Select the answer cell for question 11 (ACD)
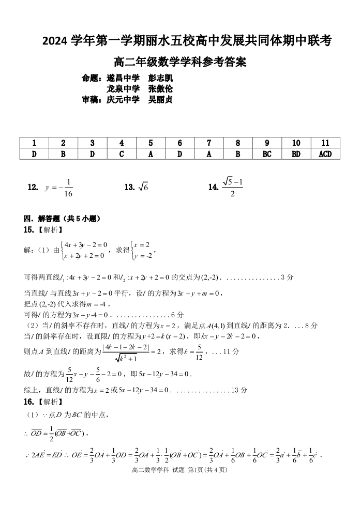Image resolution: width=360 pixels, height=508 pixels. tap(325, 154)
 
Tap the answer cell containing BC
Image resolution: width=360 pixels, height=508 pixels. tap(267, 154)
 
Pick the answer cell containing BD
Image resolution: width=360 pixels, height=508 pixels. tap(296, 154)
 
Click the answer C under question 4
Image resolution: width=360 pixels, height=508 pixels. tap(122, 154)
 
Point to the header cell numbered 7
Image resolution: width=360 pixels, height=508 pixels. tap(209, 143)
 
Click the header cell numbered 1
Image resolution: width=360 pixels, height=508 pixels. tap(34, 143)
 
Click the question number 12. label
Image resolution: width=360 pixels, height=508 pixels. tap(33, 188)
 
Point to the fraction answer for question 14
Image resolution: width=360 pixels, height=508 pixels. tap(232, 188)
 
